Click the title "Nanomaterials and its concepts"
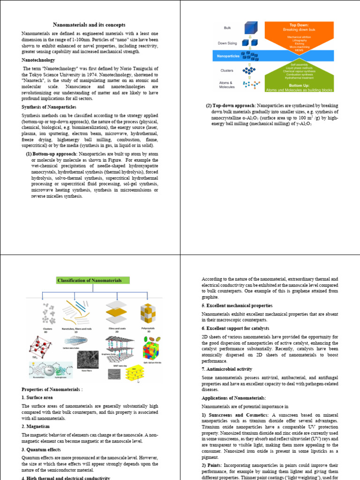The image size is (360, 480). (x=89, y=24)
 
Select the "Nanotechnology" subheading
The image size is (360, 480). (x=38, y=60)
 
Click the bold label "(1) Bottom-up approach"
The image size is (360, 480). (x=52, y=154)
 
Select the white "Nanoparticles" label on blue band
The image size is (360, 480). (x=228, y=56)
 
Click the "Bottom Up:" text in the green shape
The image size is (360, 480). (x=299, y=86)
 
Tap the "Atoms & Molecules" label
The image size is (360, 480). (x=227, y=85)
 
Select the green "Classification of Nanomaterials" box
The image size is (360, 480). (x=89, y=281)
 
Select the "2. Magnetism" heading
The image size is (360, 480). (x=35, y=427)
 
